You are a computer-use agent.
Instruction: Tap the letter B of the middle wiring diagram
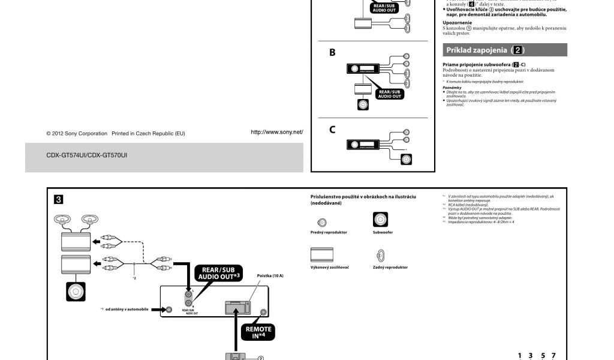(x=332, y=53)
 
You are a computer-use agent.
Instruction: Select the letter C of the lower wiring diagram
(x=332, y=129)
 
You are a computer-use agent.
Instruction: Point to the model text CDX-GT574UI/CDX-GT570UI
(x=86, y=155)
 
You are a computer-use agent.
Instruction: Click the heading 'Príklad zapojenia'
(x=486, y=50)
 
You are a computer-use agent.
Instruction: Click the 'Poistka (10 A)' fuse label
(x=270, y=275)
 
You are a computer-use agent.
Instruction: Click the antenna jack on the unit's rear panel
(x=170, y=310)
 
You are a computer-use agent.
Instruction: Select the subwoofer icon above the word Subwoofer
(x=380, y=220)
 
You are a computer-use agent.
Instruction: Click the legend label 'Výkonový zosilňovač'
(x=329, y=267)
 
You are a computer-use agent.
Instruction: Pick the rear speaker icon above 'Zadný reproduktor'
(x=380, y=254)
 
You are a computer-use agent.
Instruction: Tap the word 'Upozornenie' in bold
(x=456, y=23)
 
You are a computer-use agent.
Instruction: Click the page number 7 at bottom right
(x=553, y=356)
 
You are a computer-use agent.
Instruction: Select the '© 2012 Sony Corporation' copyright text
(x=77, y=133)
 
